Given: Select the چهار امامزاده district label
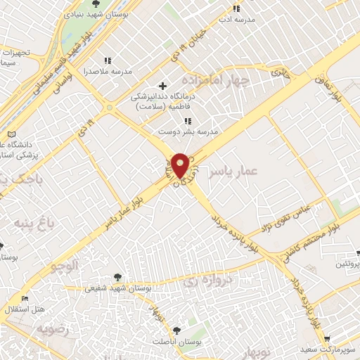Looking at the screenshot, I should point(215,80).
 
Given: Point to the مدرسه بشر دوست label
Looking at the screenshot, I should point(188,131).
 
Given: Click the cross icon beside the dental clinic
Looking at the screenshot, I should point(163,86).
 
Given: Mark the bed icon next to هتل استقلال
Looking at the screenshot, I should point(25,298).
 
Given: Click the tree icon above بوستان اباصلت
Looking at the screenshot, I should point(176,329).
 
